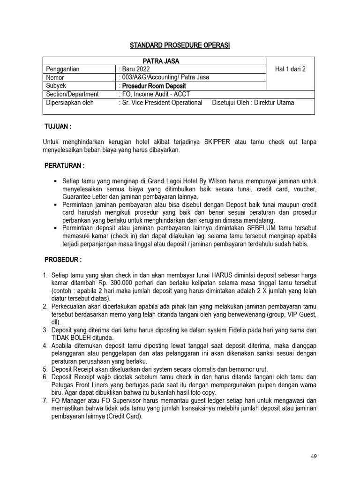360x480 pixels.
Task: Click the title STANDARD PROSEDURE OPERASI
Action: click(x=180, y=45)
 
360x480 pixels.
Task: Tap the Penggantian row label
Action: click(x=63, y=69)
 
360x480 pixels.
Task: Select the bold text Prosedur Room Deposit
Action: click(x=154, y=86)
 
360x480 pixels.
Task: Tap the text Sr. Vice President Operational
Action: click(x=162, y=103)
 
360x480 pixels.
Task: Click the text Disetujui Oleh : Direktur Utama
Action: click(x=253, y=103)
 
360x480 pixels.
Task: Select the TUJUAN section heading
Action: click(x=58, y=127)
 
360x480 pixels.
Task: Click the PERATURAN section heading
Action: click(x=64, y=166)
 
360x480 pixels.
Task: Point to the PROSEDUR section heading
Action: click(x=63, y=260)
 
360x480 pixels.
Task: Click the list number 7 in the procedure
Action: click(x=45, y=401)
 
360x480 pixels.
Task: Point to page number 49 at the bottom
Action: click(x=314, y=456)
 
